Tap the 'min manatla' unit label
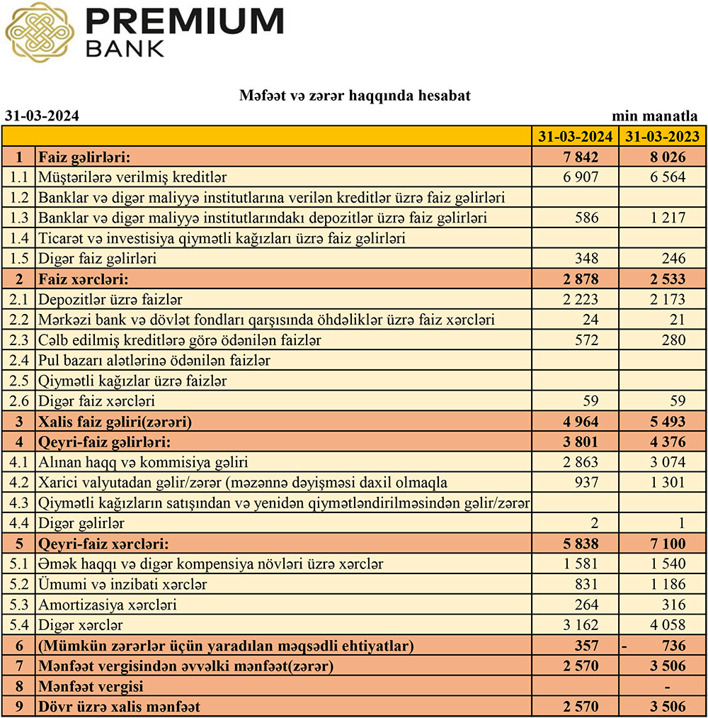[655, 116]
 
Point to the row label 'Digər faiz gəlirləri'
[98, 259]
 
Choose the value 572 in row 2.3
[587, 340]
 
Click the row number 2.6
[18, 401]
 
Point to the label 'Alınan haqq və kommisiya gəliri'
[143, 463]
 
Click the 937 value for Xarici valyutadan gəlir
[587, 483]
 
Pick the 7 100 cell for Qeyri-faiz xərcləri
[669, 544]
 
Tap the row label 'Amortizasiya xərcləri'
[108, 605]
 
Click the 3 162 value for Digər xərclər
[581, 625]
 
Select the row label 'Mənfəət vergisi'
[91, 686]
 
